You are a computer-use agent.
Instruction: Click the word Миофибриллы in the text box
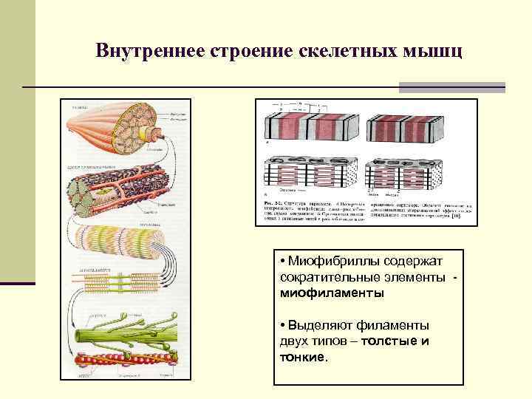click(333, 260)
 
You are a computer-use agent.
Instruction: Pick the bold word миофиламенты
click(332, 293)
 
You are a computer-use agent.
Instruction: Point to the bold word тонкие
click(301, 358)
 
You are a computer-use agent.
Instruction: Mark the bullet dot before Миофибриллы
click(284, 261)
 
